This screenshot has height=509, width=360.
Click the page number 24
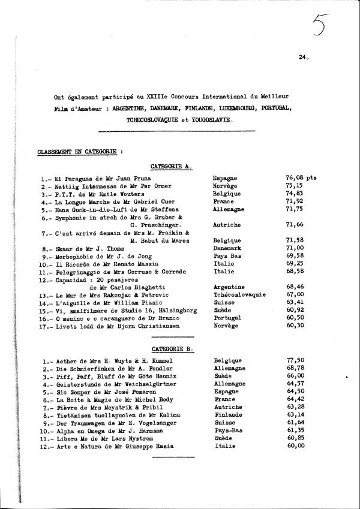point(302,58)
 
